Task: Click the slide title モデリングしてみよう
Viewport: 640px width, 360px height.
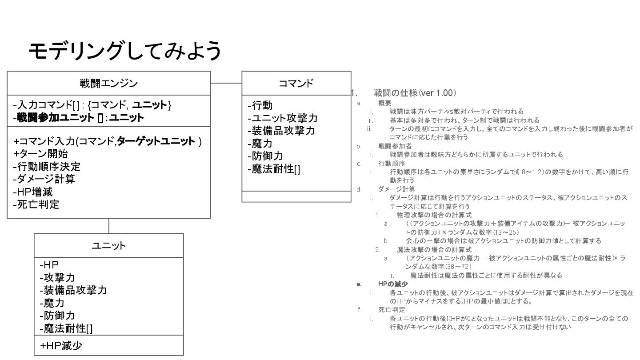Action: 125,51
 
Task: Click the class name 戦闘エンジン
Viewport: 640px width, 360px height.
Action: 108,83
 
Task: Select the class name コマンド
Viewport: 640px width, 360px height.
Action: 296,83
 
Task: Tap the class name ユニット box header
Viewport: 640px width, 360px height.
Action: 108,245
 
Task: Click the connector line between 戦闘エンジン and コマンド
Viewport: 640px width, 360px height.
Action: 226,83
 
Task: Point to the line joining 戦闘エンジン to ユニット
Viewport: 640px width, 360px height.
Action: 108,226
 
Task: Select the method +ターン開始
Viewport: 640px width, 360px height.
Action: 41,154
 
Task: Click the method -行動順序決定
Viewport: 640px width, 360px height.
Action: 47,167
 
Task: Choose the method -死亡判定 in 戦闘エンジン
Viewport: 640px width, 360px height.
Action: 36,204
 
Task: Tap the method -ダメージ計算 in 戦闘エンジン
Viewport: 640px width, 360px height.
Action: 44,179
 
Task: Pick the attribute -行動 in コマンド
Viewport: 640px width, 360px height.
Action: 260,106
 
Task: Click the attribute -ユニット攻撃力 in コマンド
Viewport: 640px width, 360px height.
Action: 282,118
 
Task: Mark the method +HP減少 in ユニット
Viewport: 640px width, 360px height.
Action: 61,346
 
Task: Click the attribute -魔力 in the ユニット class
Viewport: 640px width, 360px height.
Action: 52,303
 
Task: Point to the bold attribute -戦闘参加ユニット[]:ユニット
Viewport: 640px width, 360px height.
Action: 79,118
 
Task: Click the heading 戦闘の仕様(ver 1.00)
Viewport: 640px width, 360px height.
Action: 415,93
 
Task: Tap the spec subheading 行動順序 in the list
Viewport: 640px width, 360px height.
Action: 392,163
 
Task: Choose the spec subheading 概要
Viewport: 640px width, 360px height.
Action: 385,103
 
